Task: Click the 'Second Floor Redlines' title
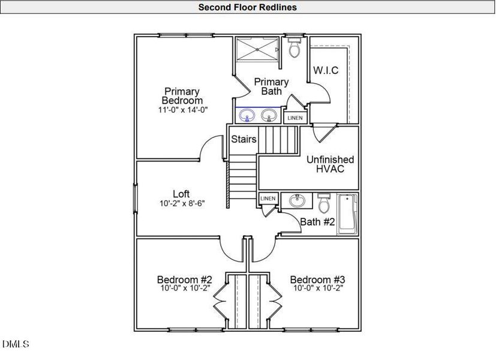[x=247, y=7]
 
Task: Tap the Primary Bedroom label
[x=182, y=96]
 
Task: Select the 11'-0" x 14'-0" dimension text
[x=183, y=110]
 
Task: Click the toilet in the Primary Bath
[x=294, y=48]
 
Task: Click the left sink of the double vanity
[x=245, y=114]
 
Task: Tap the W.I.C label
[x=326, y=70]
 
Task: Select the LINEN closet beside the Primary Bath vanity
[x=294, y=118]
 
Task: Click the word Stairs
[x=244, y=139]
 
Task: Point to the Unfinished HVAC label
[x=330, y=164]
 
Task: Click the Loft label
[x=181, y=194]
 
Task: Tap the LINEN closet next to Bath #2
[x=267, y=199]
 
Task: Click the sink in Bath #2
[x=296, y=201]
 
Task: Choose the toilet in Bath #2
[x=324, y=205]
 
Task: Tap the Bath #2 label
[x=317, y=222]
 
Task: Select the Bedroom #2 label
[x=185, y=280]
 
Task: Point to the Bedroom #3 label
[x=317, y=280]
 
